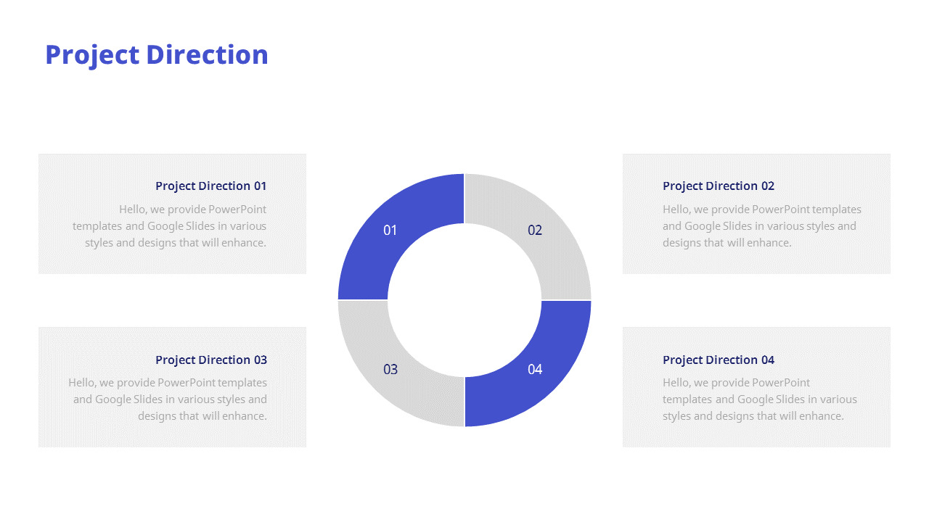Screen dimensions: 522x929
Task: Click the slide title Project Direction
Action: point(157,55)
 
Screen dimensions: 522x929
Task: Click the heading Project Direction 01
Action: point(210,186)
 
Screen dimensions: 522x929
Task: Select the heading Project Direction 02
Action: point(719,186)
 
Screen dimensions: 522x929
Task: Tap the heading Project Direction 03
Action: point(210,360)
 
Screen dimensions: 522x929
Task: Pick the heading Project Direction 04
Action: point(719,360)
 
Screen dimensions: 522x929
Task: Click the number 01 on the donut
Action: point(390,231)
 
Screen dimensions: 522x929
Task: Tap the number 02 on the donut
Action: point(535,231)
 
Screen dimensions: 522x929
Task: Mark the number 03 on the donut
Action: point(390,370)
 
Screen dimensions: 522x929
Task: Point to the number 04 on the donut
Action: point(535,370)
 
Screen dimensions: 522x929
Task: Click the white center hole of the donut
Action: point(464,300)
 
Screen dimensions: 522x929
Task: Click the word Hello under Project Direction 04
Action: point(676,383)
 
